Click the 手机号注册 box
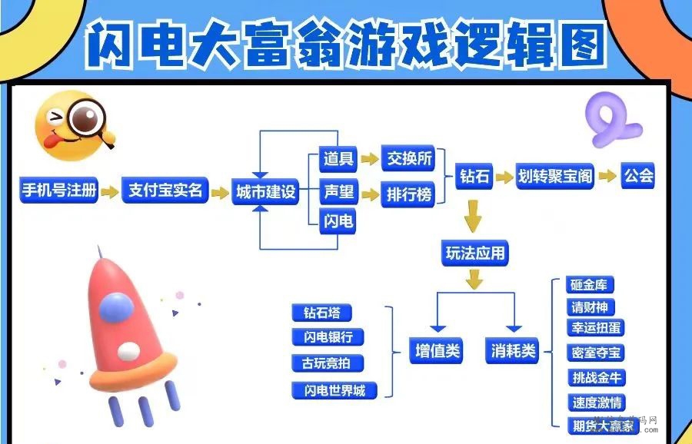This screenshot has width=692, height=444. pyautogui.click(x=59, y=191)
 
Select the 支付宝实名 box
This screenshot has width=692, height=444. pyautogui.click(x=165, y=191)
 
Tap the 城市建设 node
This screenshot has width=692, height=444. pyautogui.click(x=264, y=192)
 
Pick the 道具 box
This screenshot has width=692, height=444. pyautogui.click(x=338, y=159)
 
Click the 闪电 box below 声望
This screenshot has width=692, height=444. pyautogui.click(x=338, y=222)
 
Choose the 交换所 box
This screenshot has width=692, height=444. pyautogui.click(x=408, y=159)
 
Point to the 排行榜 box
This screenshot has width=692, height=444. pyautogui.click(x=408, y=195)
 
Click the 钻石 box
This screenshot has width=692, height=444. pyautogui.click(x=474, y=177)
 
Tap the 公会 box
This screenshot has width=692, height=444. pyautogui.click(x=638, y=176)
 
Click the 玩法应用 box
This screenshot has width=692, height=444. pyautogui.click(x=476, y=253)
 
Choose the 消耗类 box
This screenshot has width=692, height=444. pyautogui.click(x=513, y=352)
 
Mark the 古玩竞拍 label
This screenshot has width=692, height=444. pyautogui.click(x=327, y=363)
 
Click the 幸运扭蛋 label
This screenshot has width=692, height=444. pyautogui.click(x=597, y=328)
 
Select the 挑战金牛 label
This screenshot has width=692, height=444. pyautogui.click(x=597, y=377)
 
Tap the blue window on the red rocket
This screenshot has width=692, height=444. pyautogui.click(x=116, y=306)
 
